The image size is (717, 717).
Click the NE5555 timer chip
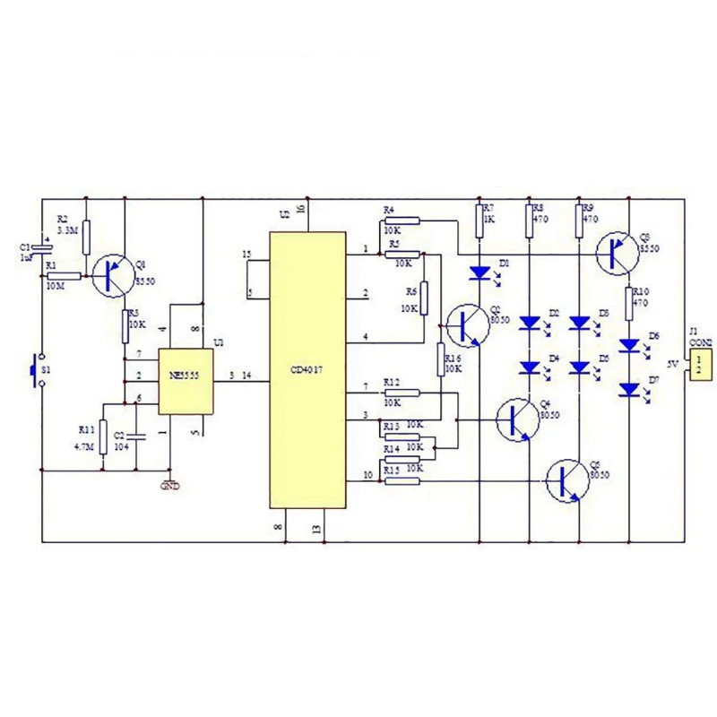click(x=186, y=381)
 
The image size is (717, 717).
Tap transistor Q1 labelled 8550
click(x=113, y=274)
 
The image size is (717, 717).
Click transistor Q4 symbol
click(x=517, y=419)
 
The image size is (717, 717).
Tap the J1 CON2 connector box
click(x=701, y=364)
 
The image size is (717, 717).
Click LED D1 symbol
click(x=480, y=271)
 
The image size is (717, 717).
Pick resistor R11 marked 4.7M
click(x=103, y=436)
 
